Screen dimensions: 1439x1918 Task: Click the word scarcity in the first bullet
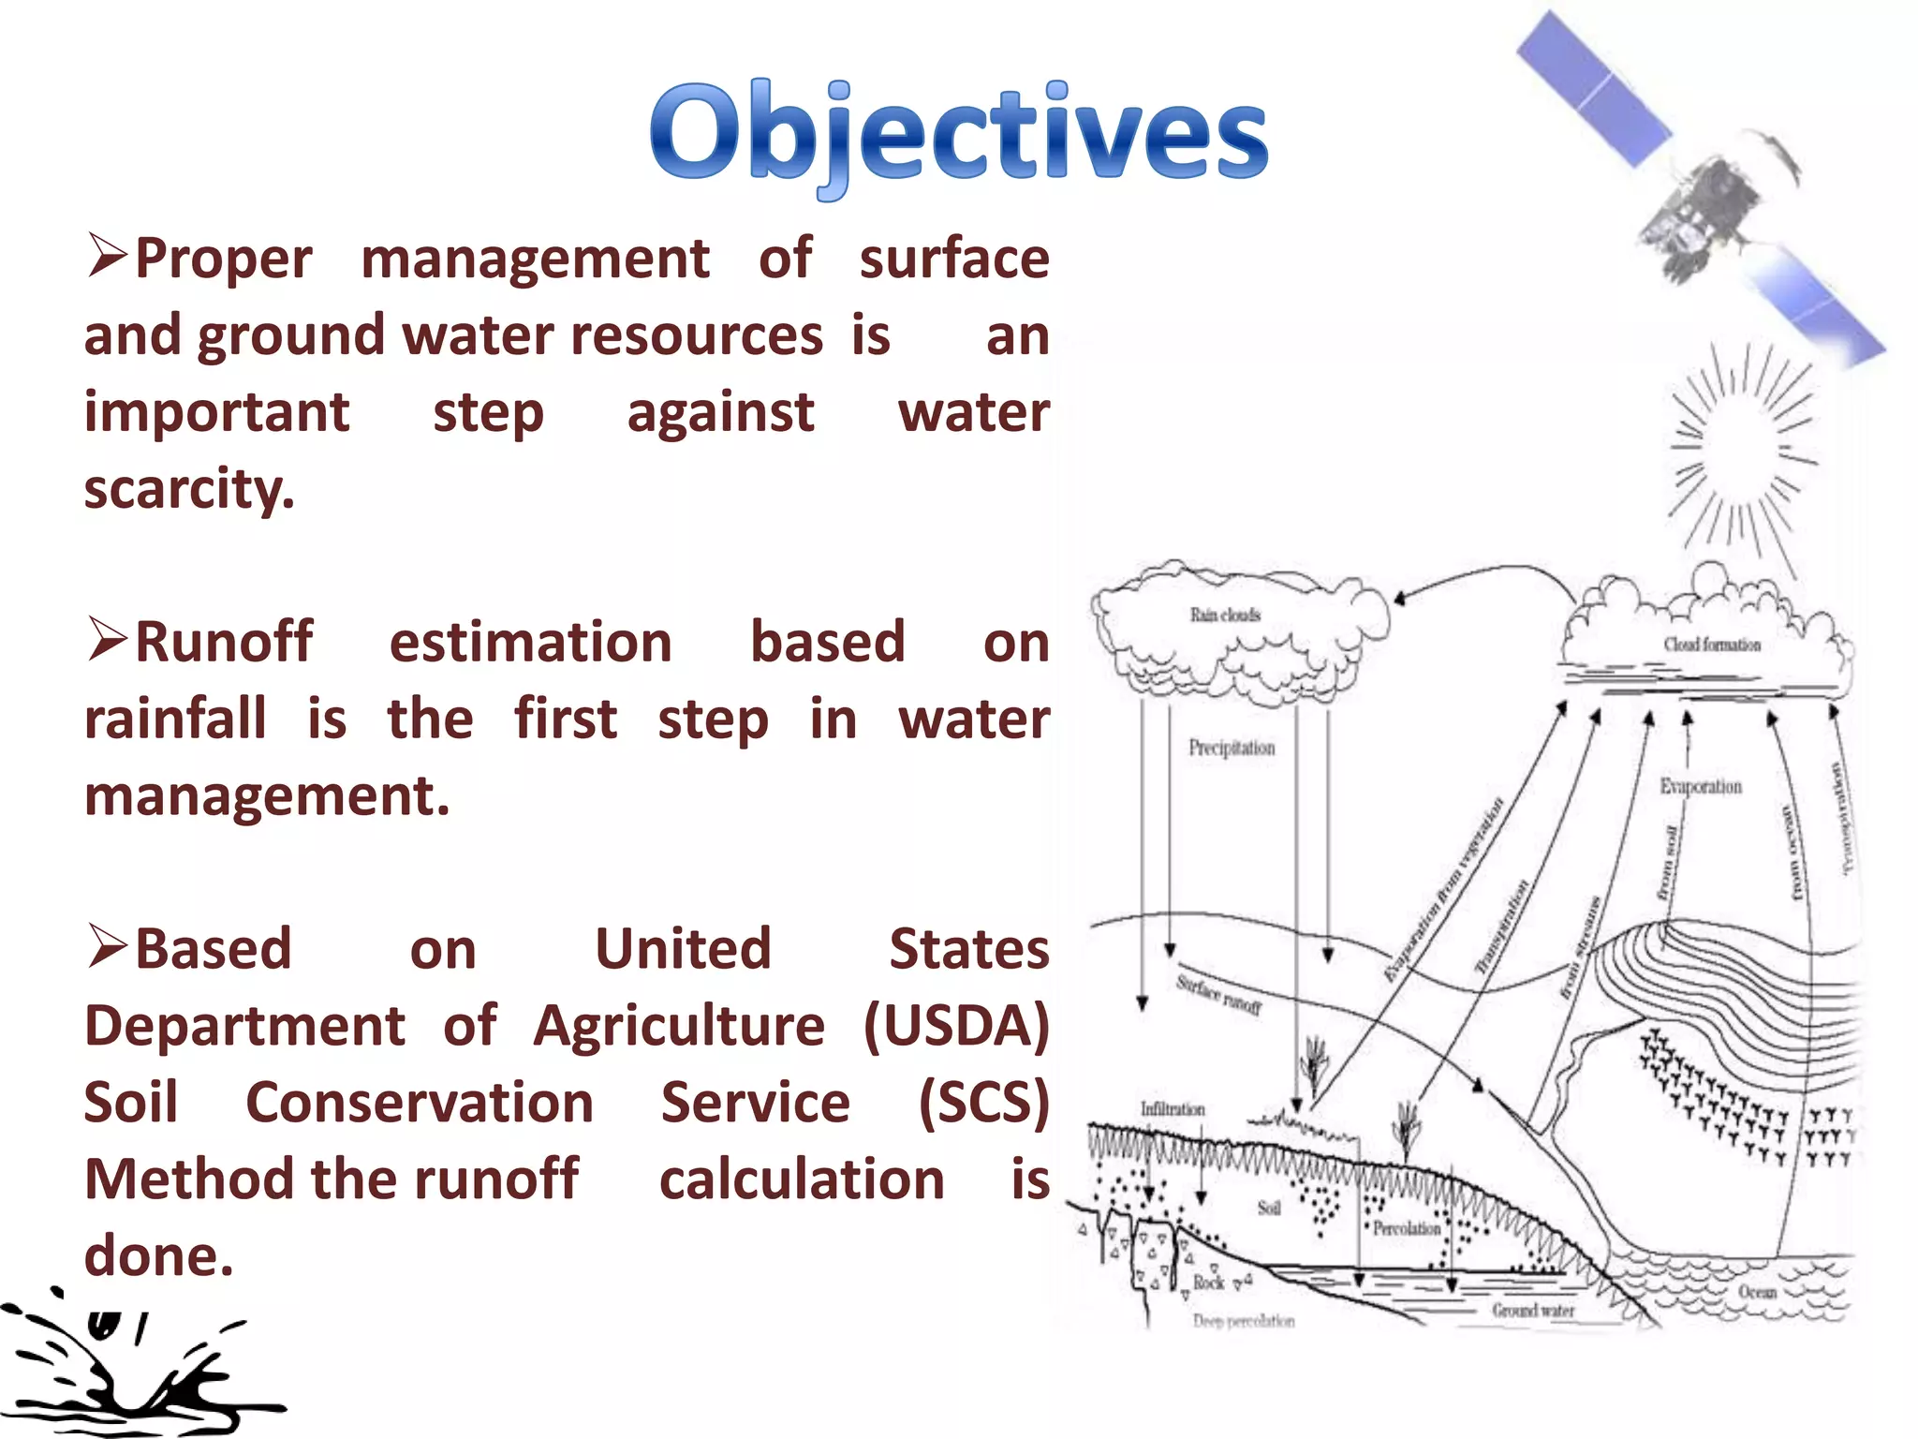(x=189, y=489)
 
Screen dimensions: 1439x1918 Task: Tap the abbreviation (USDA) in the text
(x=955, y=1026)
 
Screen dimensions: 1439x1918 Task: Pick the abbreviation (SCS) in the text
(x=983, y=1103)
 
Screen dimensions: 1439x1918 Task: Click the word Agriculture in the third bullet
(x=679, y=1026)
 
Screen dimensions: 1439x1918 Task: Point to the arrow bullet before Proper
(x=107, y=256)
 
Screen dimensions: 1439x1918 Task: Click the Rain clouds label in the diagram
(x=1224, y=615)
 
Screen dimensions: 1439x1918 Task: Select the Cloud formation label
(x=1711, y=645)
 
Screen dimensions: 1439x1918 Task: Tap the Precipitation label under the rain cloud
(x=1232, y=748)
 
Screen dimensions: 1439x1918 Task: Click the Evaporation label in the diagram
(x=1700, y=787)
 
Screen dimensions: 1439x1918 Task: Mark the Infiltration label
(x=1172, y=1109)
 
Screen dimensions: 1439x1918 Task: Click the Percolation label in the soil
(x=1406, y=1228)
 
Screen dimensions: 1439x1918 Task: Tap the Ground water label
(x=1533, y=1310)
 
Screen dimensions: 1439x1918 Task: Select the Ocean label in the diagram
(x=1757, y=1292)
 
